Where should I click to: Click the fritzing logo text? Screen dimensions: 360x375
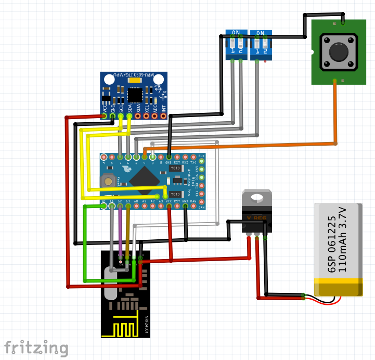pyautogui.click(x=36, y=348)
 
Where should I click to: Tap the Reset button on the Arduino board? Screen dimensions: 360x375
pyautogui.click(x=109, y=181)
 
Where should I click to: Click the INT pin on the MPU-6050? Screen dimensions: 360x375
pyautogui.click(x=163, y=116)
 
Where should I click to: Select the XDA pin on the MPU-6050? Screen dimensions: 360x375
pyautogui.click(x=138, y=116)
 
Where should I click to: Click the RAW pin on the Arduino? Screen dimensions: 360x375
pyautogui.click(x=193, y=205)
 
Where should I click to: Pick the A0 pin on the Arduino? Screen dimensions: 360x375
pyautogui.click(x=136, y=205)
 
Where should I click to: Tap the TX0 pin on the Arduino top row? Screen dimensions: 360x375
pyautogui.click(x=193, y=157)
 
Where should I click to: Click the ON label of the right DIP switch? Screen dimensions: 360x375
pyautogui.click(x=261, y=33)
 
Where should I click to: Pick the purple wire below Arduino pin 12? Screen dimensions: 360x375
pyautogui.click(x=121, y=232)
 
